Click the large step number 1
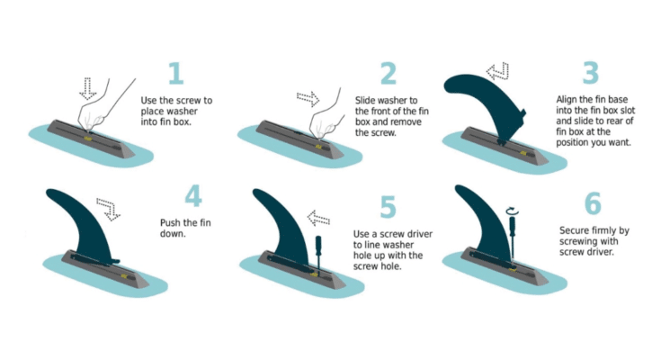[174, 75]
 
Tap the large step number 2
[388, 75]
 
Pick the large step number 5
[388, 207]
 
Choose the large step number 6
[592, 203]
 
